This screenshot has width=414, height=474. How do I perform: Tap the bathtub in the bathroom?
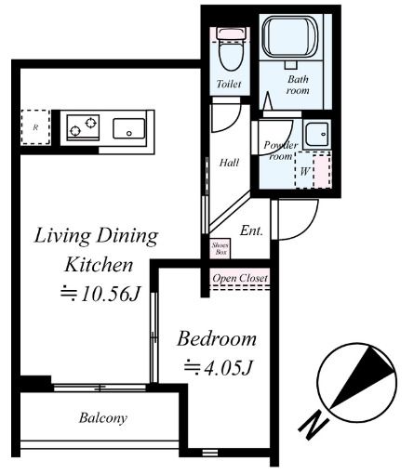[x=290, y=37]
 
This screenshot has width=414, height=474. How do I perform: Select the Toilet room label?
[x=229, y=84]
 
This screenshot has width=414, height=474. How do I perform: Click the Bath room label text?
[x=298, y=85]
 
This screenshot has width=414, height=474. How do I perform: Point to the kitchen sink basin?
[x=128, y=128]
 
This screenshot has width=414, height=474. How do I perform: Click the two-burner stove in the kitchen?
[x=83, y=127]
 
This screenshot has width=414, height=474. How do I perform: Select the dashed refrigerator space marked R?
[x=35, y=127]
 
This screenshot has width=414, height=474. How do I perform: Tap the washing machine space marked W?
[x=313, y=170]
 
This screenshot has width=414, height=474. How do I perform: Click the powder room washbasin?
[x=316, y=134]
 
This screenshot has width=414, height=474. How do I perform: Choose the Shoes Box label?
[x=220, y=249]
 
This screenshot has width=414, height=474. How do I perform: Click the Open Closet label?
[x=240, y=278]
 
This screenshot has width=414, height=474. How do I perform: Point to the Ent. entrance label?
[x=251, y=230]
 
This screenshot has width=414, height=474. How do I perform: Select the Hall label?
[x=229, y=163]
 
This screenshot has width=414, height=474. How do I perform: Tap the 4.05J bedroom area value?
[x=219, y=367]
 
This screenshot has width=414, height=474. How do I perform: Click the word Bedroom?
[x=217, y=339]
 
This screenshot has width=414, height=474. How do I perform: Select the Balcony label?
[x=103, y=418]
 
